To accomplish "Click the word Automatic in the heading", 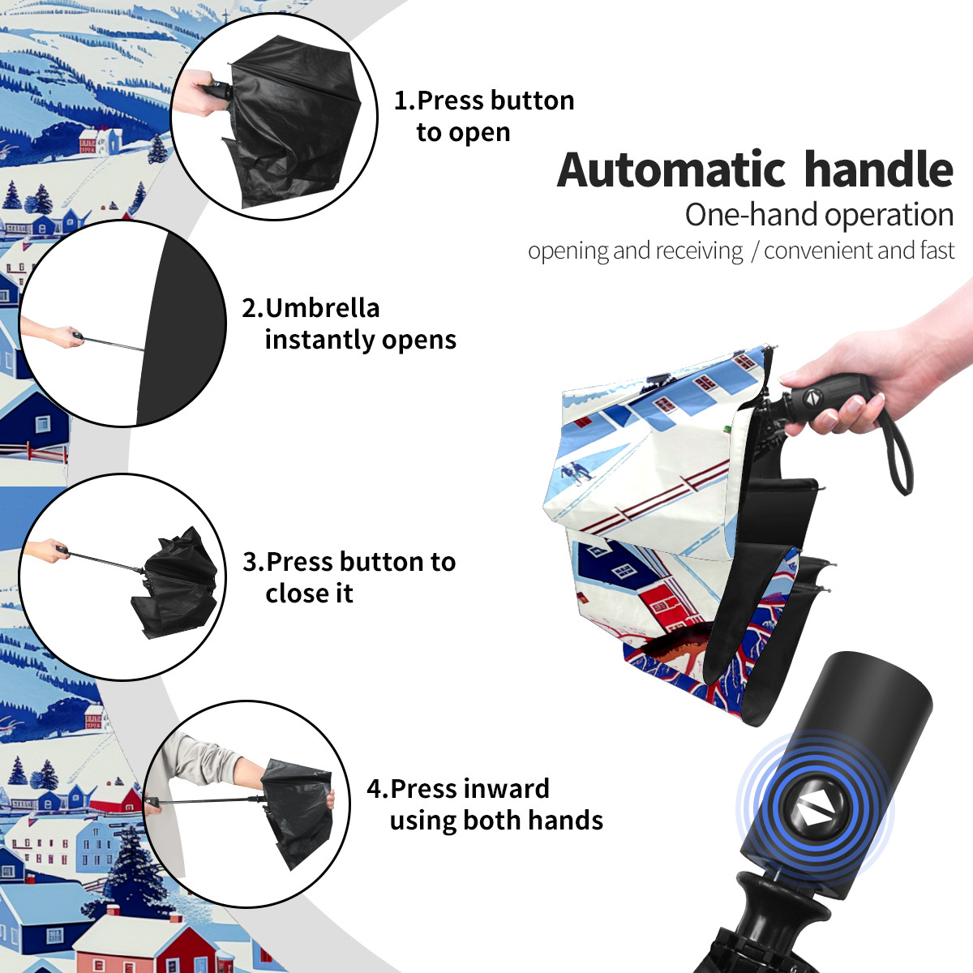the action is [671, 170].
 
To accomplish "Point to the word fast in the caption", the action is [935, 250].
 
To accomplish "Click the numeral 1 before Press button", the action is [400, 101].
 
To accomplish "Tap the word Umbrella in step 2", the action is [322, 308].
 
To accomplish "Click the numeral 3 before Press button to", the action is [250, 562].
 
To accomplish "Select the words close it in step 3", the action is [309, 594].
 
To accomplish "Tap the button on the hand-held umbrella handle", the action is [812, 397].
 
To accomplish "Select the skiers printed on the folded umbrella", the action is [575, 473].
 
